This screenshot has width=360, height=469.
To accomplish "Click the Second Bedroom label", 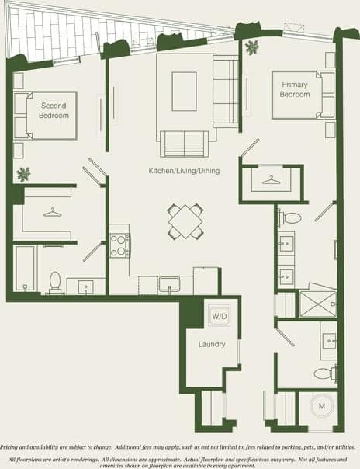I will coord(54,110).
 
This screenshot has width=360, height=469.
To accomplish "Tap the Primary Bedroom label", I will coord(295,89).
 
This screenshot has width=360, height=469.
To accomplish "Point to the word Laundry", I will coord(212,344).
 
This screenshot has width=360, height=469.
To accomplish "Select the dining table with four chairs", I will coord(186,221).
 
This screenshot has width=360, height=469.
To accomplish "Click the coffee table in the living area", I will coord(184,84).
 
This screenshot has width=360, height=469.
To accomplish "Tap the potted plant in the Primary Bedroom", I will coord(251,48).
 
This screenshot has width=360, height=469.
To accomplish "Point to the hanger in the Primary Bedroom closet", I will coord(270,181).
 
